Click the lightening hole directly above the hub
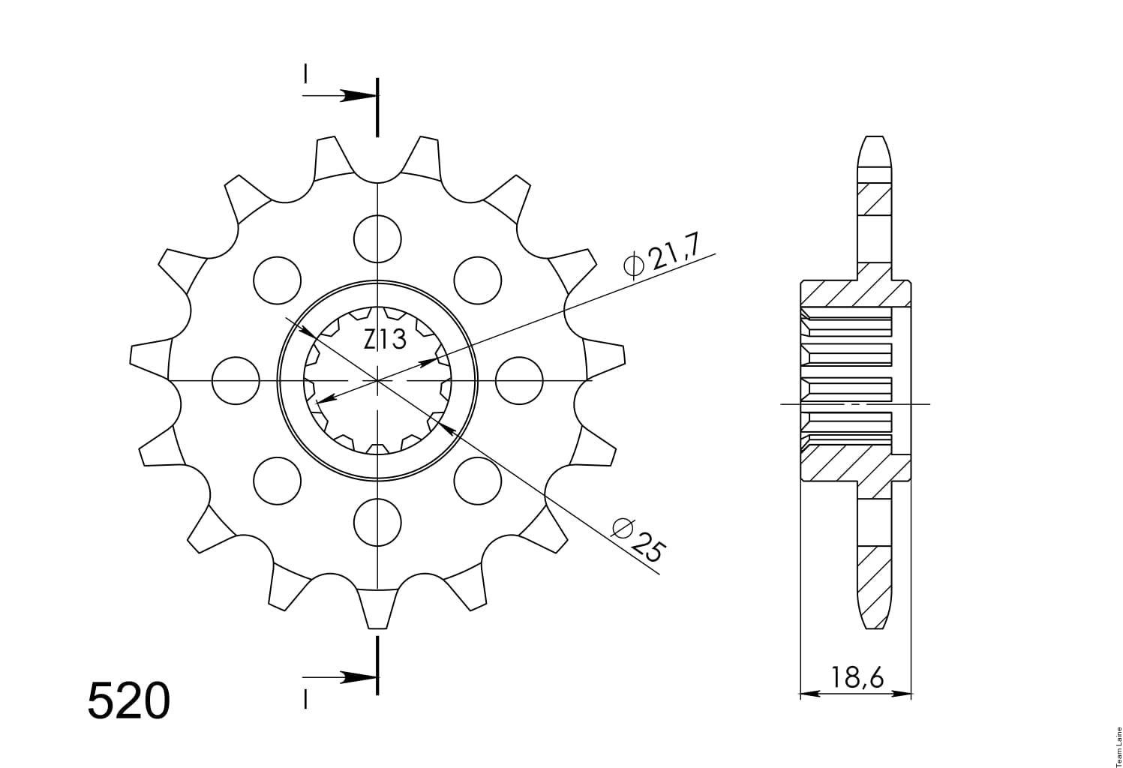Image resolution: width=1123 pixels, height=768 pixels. (x=377, y=238)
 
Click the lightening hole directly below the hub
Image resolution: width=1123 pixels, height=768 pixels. (x=377, y=522)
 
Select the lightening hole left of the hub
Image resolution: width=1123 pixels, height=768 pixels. (x=236, y=381)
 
